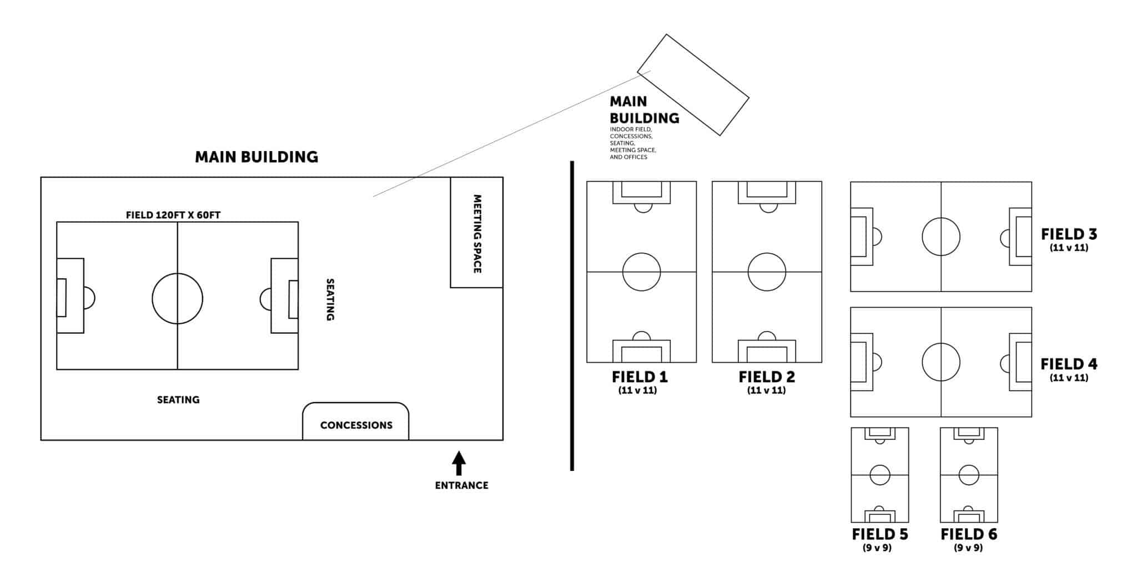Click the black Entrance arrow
coord(459,464)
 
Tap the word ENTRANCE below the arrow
coord(461,485)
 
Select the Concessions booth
coord(356,423)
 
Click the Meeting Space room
coord(476,233)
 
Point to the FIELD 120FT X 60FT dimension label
coord(173,215)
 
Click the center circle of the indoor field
coord(178,298)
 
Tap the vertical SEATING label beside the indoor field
coord(330,299)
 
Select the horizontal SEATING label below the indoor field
coord(178,399)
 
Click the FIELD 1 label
coord(640,377)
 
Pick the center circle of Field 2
coord(767,272)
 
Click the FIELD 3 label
coord(1069,234)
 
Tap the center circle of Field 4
coord(941,362)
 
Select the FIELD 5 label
coord(880,534)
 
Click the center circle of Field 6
coord(969,475)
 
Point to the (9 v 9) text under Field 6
coord(968,548)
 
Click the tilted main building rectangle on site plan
coord(693,85)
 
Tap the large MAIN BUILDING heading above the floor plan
coord(256,157)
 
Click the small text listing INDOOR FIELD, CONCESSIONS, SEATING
coord(632,143)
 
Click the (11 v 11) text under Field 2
coord(766,390)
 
